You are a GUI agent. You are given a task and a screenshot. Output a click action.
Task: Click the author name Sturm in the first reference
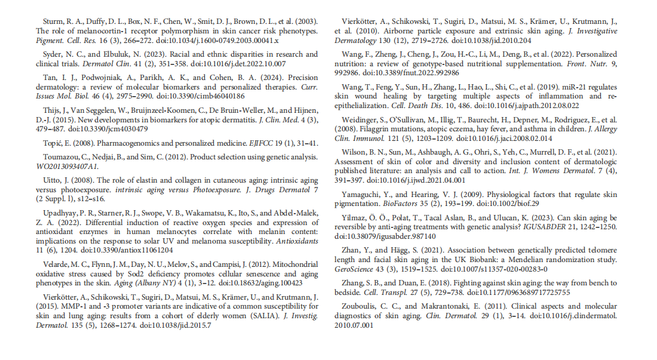47,21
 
